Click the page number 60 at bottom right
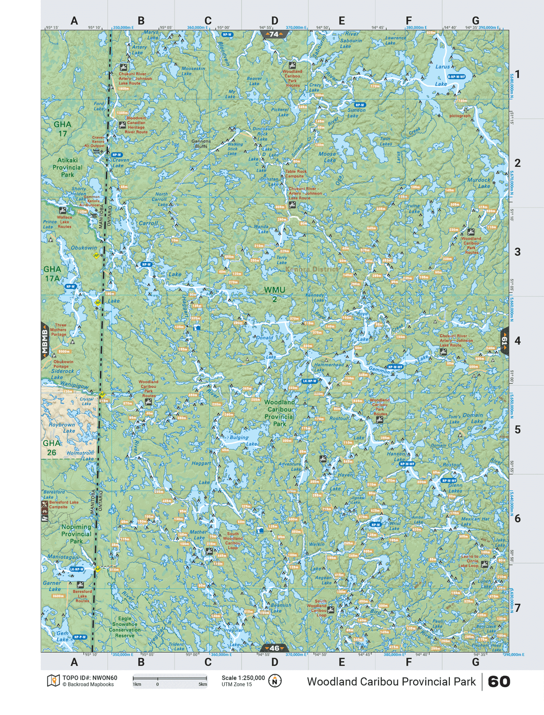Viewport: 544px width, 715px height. point(499,681)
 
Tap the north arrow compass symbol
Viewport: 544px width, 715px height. point(275,681)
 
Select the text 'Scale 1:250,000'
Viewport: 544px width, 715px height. point(243,678)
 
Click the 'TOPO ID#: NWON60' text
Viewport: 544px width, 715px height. point(90,678)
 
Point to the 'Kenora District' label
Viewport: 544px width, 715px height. point(312,269)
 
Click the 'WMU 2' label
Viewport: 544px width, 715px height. point(274,295)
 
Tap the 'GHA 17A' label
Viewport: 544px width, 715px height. point(52,274)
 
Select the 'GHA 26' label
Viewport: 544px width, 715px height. point(52,448)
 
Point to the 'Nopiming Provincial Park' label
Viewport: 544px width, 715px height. point(76,534)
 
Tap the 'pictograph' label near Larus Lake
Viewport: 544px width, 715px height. point(460,116)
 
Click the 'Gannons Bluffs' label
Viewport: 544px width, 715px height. point(201,143)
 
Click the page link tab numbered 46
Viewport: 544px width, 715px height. point(274,648)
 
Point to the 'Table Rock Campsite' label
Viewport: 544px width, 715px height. point(296,173)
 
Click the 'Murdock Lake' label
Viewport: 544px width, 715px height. point(479,183)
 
